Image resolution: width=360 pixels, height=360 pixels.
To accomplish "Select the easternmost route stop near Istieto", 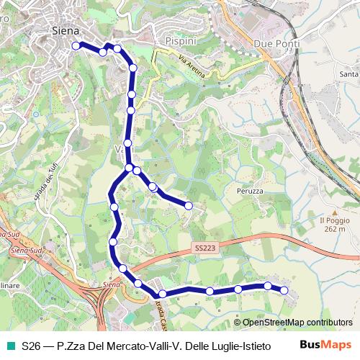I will click(284, 290).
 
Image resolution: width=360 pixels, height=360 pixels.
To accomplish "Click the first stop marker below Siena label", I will click(76, 45).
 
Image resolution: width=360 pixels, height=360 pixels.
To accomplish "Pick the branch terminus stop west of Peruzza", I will click(189, 206).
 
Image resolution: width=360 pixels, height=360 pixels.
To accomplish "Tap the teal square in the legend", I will click(9, 346).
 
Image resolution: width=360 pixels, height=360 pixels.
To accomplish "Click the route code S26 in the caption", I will click(32, 346).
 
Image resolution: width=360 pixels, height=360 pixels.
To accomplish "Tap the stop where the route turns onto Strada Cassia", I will click(163, 294).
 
